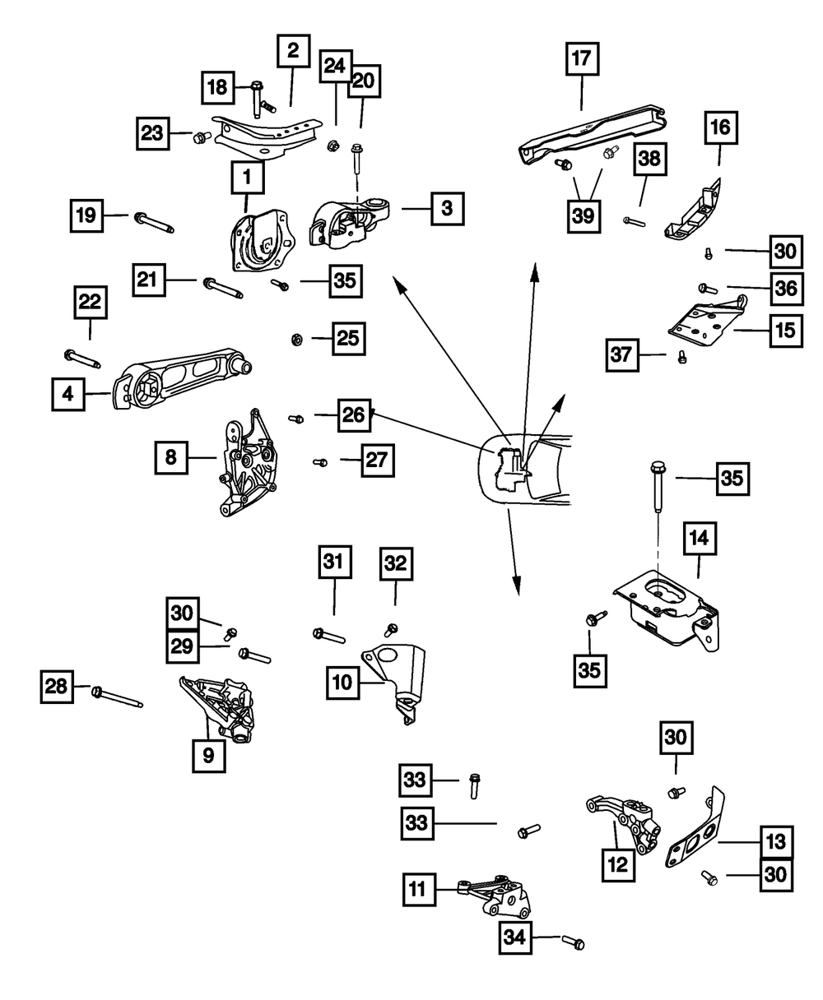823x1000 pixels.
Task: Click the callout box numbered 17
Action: (582, 60)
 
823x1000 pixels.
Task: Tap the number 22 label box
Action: (90, 303)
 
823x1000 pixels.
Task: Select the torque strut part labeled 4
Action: (181, 380)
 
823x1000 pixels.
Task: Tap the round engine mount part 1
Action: (259, 241)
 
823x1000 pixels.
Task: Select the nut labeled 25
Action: (299, 339)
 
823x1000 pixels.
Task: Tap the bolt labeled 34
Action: (574, 942)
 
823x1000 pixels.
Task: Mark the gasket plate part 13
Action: (696, 830)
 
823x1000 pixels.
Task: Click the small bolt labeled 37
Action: (681, 356)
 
